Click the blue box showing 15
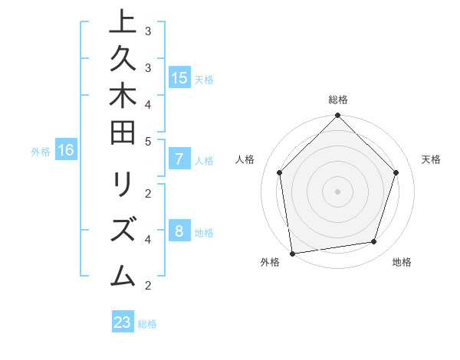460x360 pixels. click(179, 77)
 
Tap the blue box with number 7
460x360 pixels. click(179, 160)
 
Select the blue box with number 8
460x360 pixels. click(179, 232)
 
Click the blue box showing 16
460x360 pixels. click(66, 150)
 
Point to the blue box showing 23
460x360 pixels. click(123, 322)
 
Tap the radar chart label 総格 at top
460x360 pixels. click(338, 100)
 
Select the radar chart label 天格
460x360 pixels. click(431, 159)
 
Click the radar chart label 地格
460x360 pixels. click(402, 262)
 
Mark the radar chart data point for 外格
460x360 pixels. click(292, 253)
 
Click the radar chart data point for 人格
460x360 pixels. click(280, 172)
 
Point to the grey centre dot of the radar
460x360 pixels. click(338, 191)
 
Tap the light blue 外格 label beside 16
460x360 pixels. click(41, 152)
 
